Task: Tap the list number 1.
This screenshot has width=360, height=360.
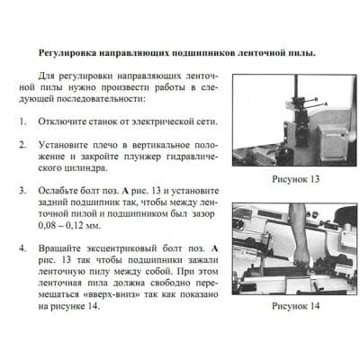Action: click(22, 120)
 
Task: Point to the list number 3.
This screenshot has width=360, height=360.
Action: click(22, 192)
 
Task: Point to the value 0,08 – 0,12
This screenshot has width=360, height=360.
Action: click(68, 228)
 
